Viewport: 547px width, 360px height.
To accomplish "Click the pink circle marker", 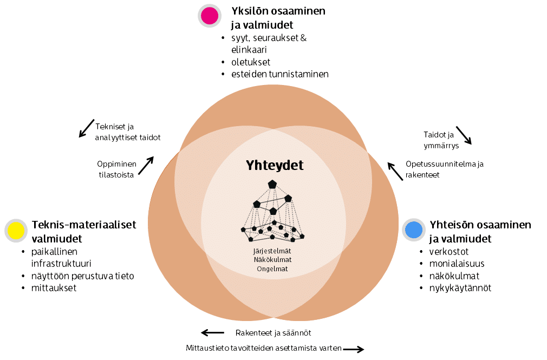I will pyautogui.click(x=209, y=16).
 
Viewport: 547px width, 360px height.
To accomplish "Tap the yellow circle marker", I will pyautogui.click(x=16, y=231).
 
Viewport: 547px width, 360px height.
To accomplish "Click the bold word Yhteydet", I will pyautogui.click(x=275, y=165).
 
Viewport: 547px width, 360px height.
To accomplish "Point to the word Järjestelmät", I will pyautogui.click(x=272, y=251).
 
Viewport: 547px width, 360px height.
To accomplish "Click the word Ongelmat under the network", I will pyautogui.click(x=272, y=269).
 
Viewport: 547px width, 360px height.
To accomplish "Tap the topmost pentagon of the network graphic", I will pyautogui.click(x=272, y=184).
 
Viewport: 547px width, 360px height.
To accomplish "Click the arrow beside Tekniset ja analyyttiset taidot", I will pyautogui.click(x=87, y=128).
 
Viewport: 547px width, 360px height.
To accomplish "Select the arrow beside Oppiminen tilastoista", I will pyautogui.click(x=146, y=166).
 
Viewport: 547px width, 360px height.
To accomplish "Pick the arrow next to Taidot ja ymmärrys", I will pyautogui.click(x=464, y=135).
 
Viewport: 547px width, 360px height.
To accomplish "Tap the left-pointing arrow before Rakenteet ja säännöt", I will pyautogui.click(x=212, y=332).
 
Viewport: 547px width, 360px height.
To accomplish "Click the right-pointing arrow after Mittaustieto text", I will pyautogui.click(x=354, y=350).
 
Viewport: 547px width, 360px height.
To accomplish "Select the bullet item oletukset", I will pyautogui.click(x=250, y=62).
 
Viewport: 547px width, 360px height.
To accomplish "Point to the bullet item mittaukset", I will pyautogui.click(x=54, y=287).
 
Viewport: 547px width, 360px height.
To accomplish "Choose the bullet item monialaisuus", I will pyautogui.click(x=457, y=264).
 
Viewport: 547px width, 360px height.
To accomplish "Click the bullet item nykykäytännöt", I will pyautogui.click(x=460, y=287).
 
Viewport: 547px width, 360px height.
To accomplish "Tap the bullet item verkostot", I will pyautogui.click(x=449, y=252).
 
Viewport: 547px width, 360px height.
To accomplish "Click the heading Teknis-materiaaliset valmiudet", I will pyautogui.click(x=84, y=231).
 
